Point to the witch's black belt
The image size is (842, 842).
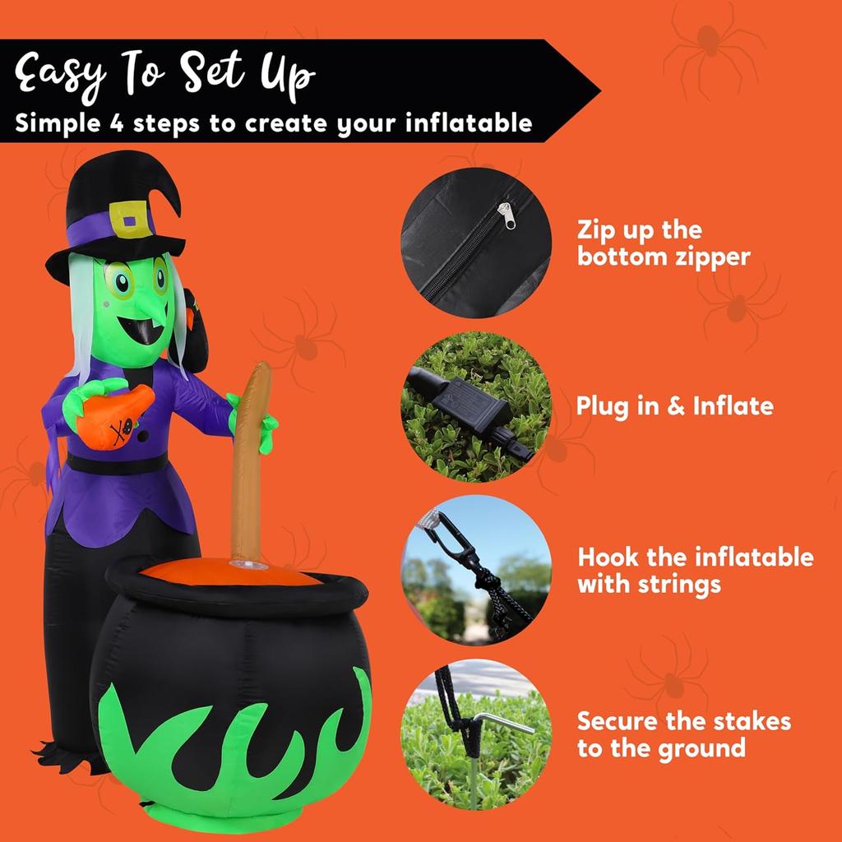pyautogui.click(x=123, y=464)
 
